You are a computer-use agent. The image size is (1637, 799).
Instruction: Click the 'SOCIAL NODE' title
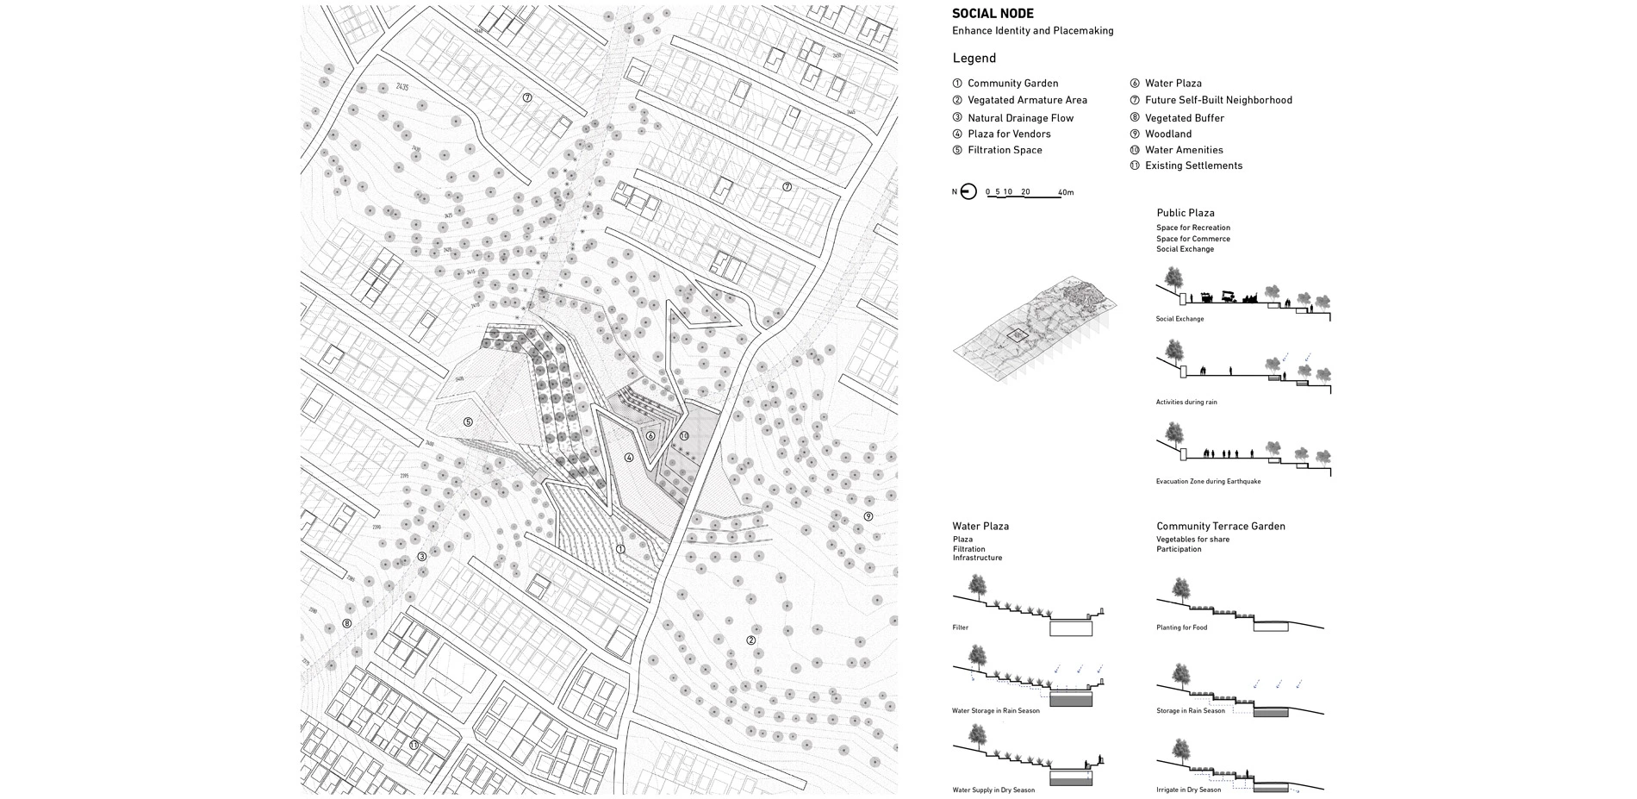tap(993, 14)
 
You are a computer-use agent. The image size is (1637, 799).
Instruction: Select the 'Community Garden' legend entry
tap(1012, 84)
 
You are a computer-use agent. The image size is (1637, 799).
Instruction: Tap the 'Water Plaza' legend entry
tap(1173, 84)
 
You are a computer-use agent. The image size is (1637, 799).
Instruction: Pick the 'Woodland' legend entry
tap(1167, 134)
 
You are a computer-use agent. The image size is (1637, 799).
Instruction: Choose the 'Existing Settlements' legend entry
tap(1192, 165)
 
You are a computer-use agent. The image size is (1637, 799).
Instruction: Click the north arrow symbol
tap(968, 192)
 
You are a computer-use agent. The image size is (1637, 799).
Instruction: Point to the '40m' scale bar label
tap(1066, 192)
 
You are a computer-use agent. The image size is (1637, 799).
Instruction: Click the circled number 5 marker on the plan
tap(468, 421)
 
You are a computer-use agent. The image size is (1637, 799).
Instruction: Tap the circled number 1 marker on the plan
tap(619, 548)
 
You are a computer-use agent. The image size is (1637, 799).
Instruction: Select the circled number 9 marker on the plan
tap(868, 516)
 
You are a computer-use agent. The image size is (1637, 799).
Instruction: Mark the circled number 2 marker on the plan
tap(750, 640)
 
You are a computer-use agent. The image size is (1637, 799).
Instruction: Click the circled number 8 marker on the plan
tap(347, 623)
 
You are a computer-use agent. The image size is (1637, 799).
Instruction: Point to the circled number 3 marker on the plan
tap(421, 557)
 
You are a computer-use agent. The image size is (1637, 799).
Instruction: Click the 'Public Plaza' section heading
tap(1185, 213)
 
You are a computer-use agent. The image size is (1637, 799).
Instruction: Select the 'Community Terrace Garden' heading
tap(1220, 526)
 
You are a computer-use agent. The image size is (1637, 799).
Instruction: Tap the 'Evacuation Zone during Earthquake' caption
tap(1208, 481)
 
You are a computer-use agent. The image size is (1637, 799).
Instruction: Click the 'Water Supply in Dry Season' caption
tap(993, 790)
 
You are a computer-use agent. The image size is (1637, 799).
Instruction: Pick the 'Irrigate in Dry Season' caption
tap(1188, 790)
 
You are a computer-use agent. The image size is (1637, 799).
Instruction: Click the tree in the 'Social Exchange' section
tap(1172, 278)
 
